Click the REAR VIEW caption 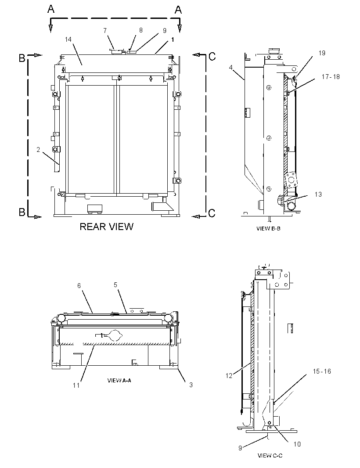pos(106,227)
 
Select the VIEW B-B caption pos(268,229)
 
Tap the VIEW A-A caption pos(119,380)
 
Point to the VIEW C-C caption pos(270,455)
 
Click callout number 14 pos(68,40)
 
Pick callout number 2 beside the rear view pos(38,150)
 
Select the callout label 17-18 pos(331,77)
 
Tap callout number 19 pos(322,53)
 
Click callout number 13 pos(318,194)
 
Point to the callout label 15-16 pos(322,371)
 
